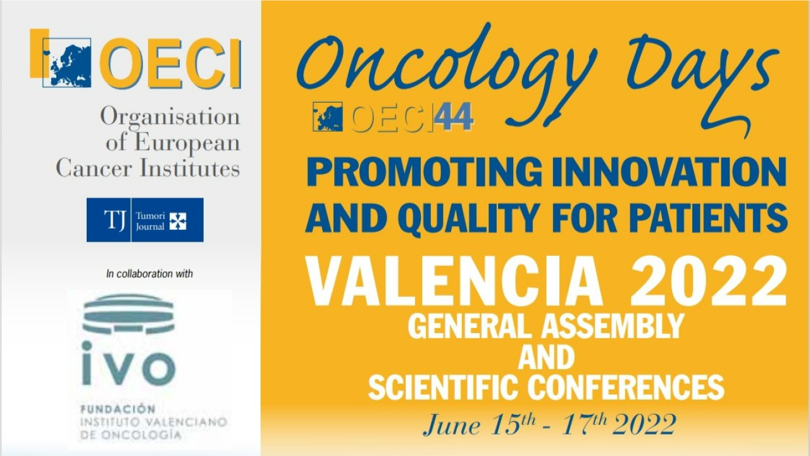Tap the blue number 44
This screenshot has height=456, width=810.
click(x=454, y=116)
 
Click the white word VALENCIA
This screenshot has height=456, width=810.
click(x=453, y=281)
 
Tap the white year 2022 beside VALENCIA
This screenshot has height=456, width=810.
click(x=709, y=281)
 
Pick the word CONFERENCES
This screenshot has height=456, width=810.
click(x=626, y=387)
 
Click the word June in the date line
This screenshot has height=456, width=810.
click(x=452, y=426)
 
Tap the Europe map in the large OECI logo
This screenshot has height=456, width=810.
click(x=67, y=63)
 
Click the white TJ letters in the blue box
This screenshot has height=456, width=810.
click(x=115, y=220)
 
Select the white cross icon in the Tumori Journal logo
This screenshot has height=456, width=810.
click(x=178, y=221)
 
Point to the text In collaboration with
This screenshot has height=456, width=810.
click(x=149, y=274)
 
